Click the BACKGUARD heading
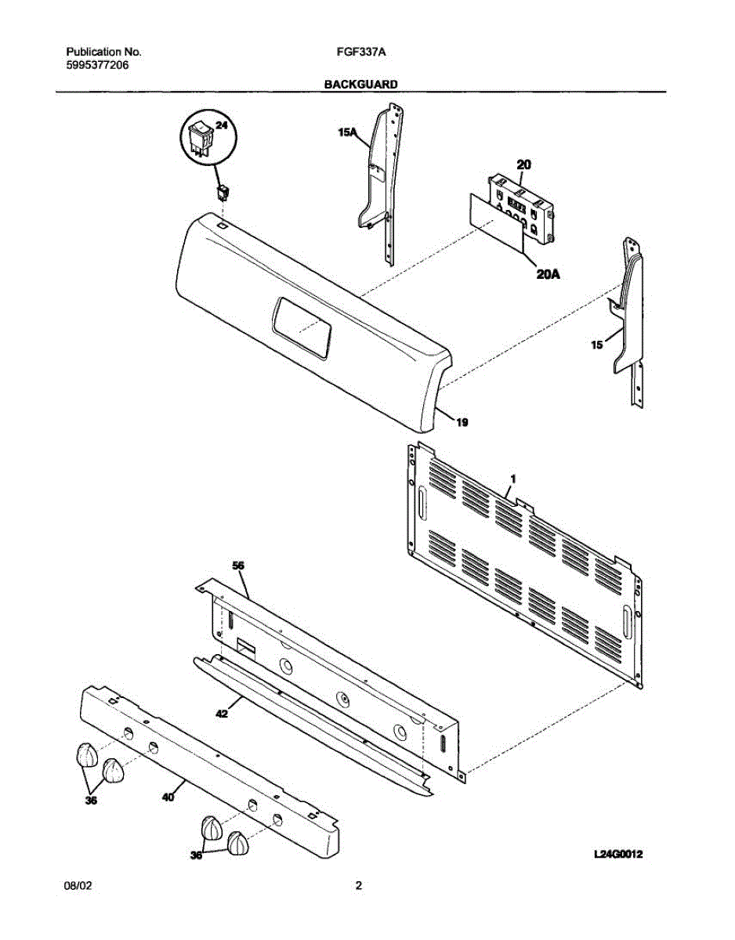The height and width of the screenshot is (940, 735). coord(360,83)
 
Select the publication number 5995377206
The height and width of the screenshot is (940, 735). coord(98,65)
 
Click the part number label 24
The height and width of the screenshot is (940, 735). coord(223,127)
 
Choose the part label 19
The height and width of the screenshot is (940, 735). coord(462,422)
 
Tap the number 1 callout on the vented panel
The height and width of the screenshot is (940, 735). coord(512,477)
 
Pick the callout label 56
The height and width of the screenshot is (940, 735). coord(239,565)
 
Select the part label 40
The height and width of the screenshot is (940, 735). coord(166,797)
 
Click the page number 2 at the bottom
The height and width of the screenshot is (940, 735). coord(358,887)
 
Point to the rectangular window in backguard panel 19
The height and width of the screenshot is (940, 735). coord(302,329)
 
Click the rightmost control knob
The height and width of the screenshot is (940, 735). coord(239,844)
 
